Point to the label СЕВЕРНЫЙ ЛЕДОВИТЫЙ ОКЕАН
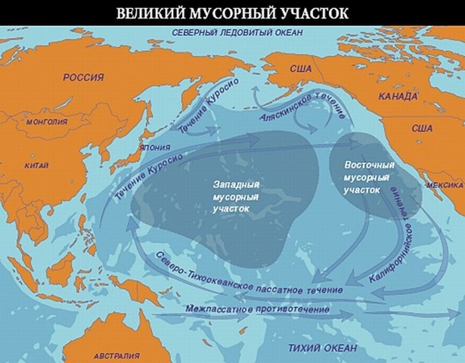(x=237, y=33)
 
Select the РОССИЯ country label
(x=83, y=77)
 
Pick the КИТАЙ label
(x=36, y=165)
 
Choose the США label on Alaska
(x=301, y=69)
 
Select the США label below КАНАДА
(x=421, y=129)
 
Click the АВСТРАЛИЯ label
(x=117, y=354)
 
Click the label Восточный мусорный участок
(x=362, y=177)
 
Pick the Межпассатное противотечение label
(x=257, y=309)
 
